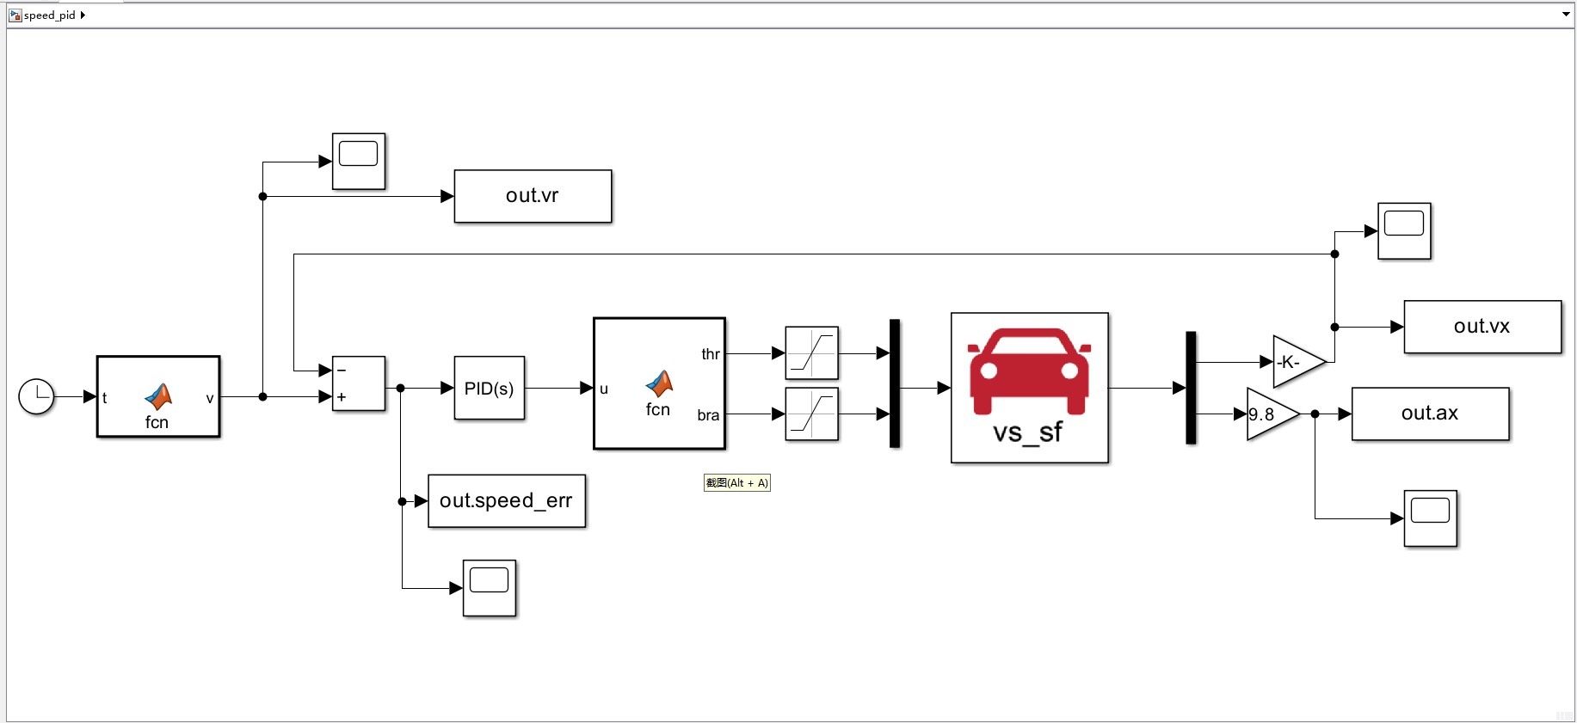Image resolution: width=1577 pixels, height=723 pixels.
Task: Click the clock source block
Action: pos(36,396)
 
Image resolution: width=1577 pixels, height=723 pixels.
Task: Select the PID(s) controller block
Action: pos(489,389)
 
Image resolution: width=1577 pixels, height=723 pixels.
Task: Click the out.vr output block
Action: pos(533,196)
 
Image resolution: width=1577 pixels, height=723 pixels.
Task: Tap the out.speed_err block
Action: pos(506,500)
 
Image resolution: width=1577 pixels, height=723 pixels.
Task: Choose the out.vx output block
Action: pos(1482,327)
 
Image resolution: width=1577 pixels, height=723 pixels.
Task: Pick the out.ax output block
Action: pos(1430,414)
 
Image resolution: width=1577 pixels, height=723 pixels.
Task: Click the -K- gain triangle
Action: pos(1295,362)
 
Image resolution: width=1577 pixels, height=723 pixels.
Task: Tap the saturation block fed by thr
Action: pos(811,353)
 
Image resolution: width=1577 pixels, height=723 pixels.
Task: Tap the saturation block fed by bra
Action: pos(811,414)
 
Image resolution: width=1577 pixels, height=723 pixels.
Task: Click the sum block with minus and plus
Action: pos(358,383)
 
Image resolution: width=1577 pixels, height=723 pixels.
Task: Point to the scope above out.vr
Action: pos(359,161)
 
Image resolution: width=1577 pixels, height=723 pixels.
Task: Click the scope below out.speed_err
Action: pos(490,588)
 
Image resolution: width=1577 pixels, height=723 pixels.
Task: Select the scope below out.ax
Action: pos(1430,518)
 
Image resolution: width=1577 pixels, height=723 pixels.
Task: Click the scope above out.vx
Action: pos(1404,230)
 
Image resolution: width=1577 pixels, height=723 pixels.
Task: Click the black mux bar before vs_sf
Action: pos(895,383)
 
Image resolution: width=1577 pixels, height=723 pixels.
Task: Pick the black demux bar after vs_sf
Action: pos(1191,388)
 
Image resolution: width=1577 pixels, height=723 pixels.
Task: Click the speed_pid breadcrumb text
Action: pos(50,15)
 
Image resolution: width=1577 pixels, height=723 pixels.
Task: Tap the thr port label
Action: pos(710,354)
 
